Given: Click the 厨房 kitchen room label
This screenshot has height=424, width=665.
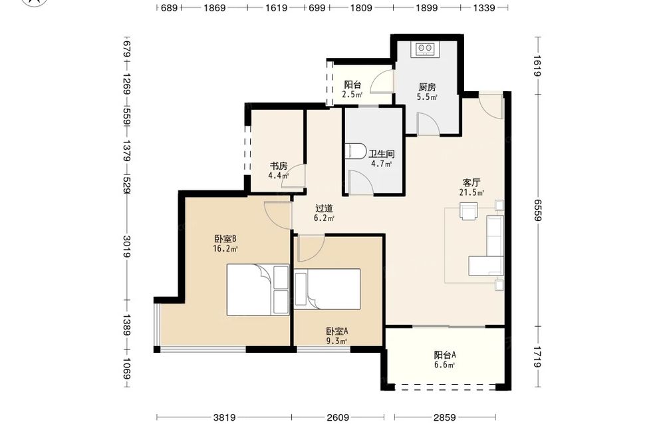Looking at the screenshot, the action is coord(427,87).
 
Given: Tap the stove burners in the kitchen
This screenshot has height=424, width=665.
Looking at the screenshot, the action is coord(425,49).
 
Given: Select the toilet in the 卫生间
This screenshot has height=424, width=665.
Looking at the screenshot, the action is coord(355,151).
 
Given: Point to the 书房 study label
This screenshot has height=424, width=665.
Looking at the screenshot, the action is coord(279,166).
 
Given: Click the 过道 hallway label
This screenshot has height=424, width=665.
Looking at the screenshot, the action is coord(324,208).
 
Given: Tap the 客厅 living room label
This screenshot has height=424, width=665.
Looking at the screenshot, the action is coord(471,183).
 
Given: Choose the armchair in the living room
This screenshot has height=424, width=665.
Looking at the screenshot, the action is coord(469,211).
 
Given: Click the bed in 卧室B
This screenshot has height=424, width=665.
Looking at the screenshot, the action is coord(258,290).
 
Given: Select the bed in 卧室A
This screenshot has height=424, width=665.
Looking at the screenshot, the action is coord(327,289).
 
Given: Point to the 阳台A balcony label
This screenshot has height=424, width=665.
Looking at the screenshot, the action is coord(444,355).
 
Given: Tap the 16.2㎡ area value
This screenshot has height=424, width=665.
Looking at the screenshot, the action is coord(225,249).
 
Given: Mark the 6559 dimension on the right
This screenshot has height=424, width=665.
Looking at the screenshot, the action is coord(538,210).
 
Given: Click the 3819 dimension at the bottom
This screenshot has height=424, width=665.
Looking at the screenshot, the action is coord(224,417).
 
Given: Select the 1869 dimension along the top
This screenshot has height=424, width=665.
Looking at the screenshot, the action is coord(214,7).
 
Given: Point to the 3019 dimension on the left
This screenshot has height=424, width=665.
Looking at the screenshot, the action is coord(127,246).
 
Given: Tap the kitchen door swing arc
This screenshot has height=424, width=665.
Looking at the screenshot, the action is coord(428,123).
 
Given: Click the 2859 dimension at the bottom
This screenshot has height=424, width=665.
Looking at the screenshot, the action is coord(444,417).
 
